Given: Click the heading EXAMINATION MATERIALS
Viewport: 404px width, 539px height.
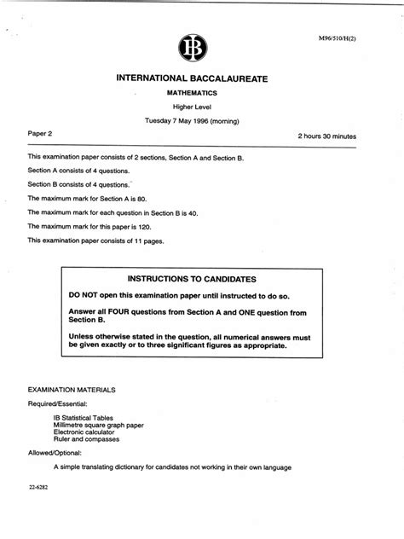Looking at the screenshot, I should click(x=72, y=388).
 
